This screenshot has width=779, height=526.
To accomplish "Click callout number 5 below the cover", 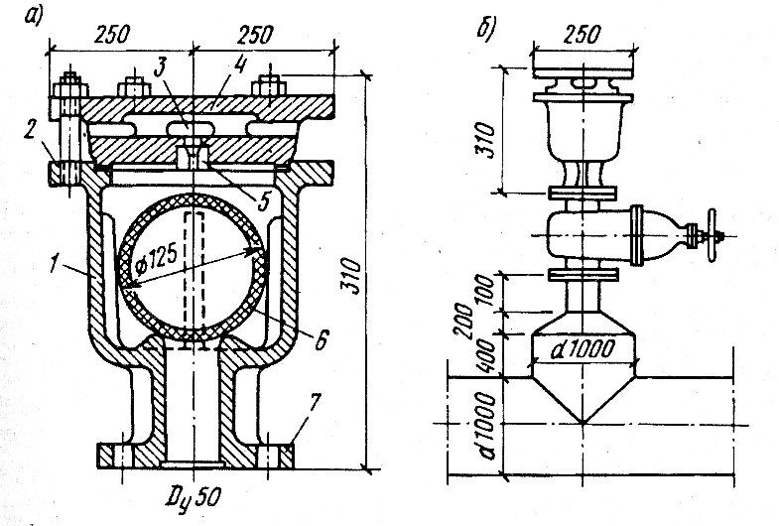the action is coord(263,200).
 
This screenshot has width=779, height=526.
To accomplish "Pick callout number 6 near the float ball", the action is coord(322,339).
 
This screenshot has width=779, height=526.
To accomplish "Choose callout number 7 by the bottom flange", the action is coord(315,403).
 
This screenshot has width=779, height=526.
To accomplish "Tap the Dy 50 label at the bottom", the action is coord(194,497).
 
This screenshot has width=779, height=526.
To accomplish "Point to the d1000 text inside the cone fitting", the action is coord(583,350).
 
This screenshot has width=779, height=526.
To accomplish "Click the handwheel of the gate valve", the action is coord(713,235).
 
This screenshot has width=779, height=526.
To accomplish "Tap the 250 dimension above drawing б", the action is coord(583,34).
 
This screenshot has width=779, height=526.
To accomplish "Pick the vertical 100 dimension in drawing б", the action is coord(487,293).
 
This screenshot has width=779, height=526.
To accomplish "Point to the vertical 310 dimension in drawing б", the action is coord(487,141).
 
